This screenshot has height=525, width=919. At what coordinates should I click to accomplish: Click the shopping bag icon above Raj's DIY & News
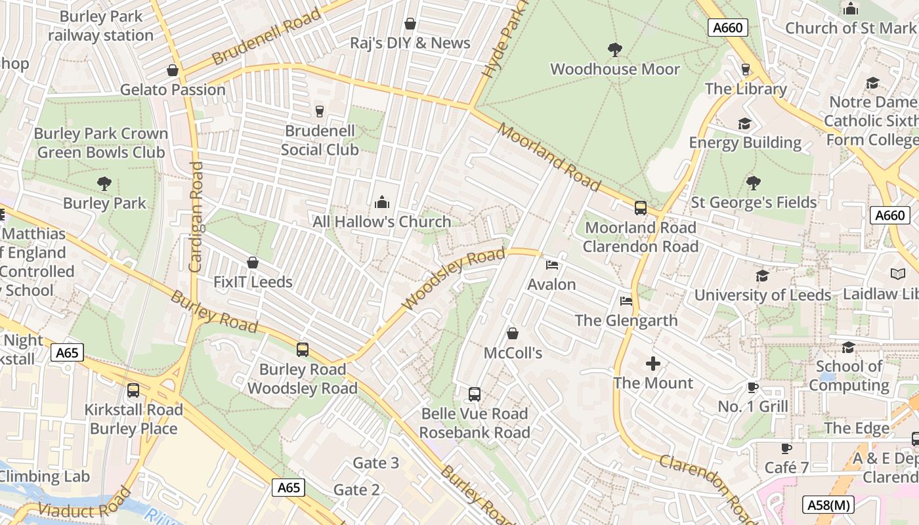point(410,24)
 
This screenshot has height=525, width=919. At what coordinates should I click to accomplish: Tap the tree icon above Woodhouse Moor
point(614,50)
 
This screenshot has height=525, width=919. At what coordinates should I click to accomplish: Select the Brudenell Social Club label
point(320,140)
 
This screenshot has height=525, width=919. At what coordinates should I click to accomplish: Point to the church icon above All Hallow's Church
point(381,203)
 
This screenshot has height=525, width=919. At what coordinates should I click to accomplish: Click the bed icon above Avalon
point(552,265)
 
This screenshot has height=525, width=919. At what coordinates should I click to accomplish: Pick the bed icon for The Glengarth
point(626,301)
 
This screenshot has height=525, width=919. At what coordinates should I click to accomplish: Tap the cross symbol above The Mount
point(653,364)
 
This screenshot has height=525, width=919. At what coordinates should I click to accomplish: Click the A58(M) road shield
point(828,505)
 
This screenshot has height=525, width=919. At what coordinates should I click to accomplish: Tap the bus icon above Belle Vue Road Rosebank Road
point(475,394)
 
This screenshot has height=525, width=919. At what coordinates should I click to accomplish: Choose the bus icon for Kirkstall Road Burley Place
point(133,390)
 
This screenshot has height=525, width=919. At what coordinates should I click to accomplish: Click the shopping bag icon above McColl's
point(513,334)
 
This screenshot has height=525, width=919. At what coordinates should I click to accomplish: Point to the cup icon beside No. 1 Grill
point(753,388)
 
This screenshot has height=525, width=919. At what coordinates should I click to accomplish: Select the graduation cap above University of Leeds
point(762,276)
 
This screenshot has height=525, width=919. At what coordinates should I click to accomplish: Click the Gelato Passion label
point(173,89)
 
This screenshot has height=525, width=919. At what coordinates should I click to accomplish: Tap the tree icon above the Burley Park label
point(104,184)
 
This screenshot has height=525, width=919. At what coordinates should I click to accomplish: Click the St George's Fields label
point(754,202)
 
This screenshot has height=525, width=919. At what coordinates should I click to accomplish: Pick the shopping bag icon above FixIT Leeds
point(253,263)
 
